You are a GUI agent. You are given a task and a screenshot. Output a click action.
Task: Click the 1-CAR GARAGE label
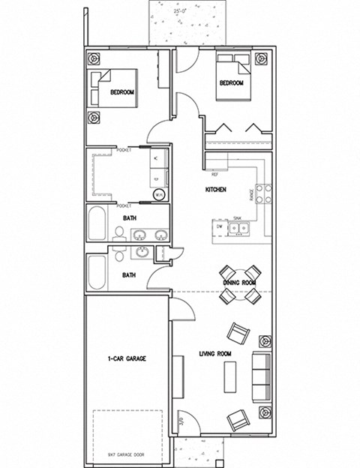[x=126, y=358]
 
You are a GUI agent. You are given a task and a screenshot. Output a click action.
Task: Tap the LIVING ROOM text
[x=214, y=352]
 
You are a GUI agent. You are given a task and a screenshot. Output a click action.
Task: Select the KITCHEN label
[x=216, y=190]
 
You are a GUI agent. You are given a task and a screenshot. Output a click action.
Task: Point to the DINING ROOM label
[x=239, y=282]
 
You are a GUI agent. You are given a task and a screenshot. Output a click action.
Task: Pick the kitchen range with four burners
[x=262, y=194]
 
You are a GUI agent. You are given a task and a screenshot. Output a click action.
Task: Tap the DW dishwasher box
[x=219, y=225]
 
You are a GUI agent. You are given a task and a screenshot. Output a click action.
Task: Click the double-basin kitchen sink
[x=238, y=226]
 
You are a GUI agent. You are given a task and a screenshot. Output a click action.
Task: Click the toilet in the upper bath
[x=119, y=234]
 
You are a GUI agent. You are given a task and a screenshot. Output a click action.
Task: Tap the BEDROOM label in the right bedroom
[x=231, y=83]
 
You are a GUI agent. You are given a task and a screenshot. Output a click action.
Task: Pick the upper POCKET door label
[x=124, y=150]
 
